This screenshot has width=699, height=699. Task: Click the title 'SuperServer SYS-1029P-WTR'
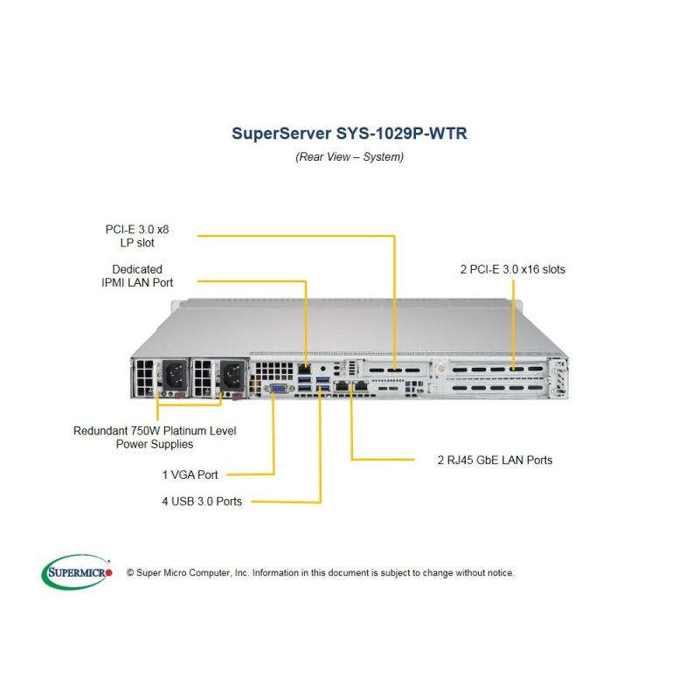pos(349,134)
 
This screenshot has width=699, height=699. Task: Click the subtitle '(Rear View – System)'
pos(349,157)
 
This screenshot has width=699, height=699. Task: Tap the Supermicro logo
pos(77,571)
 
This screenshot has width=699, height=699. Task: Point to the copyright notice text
pos(321,573)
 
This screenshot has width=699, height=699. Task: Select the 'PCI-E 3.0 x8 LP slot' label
pos(137,236)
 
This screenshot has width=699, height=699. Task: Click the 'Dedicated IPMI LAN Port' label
pos(137,276)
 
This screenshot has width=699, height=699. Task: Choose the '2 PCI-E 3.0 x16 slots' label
pos(513,269)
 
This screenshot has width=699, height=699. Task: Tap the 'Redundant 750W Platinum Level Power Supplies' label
pos(155,438)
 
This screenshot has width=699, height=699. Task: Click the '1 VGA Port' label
pos(190,474)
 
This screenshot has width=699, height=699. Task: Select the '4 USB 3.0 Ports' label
pos(202,502)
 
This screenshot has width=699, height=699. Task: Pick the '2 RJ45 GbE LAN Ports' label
pos(495,460)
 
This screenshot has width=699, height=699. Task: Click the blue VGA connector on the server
pos(279,389)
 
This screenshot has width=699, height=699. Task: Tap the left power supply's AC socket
pos(175,375)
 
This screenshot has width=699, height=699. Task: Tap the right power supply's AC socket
pos(233,375)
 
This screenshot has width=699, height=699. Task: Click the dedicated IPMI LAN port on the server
pos(304,369)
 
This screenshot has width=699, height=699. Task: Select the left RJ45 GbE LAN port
pos(342,386)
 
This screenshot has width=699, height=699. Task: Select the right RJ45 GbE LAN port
pos(360,386)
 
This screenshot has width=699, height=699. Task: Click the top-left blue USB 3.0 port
pos(304,380)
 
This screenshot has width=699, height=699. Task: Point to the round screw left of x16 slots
pos(442,368)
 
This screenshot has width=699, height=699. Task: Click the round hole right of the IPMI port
pos(323,369)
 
